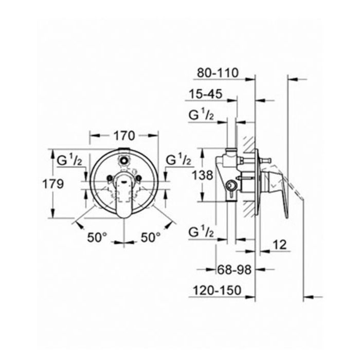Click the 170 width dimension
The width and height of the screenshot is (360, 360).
coord(123,136)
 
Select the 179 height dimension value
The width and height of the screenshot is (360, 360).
coord(53,184)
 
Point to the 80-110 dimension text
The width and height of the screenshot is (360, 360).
coord(218,73)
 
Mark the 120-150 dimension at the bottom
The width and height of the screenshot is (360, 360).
coord(218,291)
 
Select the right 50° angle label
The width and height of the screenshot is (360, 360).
coord(151,237)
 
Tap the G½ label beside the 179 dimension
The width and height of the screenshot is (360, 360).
coord(70,161)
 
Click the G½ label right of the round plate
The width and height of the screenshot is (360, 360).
coord(178,161)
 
